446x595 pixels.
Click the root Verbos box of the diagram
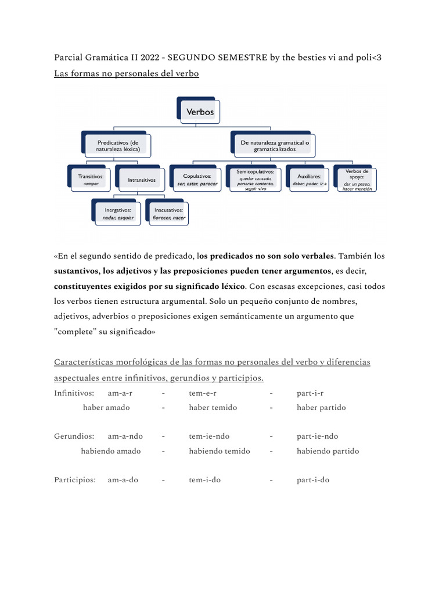[x=200, y=112]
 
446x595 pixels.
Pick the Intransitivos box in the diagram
[x=142, y=180]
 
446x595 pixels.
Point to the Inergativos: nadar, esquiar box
[x=118, y=213]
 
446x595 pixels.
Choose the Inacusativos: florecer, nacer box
[x=168, y=213]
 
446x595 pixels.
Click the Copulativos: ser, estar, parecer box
[x=196, y=180]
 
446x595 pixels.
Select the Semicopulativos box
[x=255, y=180]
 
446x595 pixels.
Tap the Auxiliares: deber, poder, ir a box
[x=309, y=180]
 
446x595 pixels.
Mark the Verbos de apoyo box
[x=357, y=180]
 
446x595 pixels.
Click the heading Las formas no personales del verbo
[x=127, y=74]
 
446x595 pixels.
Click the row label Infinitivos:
[x=74, y=393]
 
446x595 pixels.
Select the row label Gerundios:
[x=73, y=436]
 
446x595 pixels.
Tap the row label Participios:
[x=74, y=480]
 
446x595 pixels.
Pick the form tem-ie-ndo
[x=209, y=436]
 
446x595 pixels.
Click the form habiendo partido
[x=328, y=451]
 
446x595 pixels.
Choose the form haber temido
[x=213, y=407]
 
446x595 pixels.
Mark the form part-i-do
[x=313, y=480]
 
